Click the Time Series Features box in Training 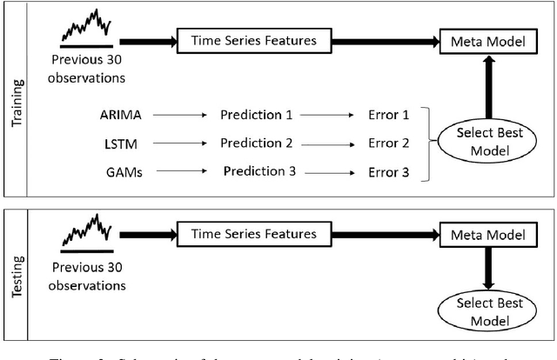coord(246,41)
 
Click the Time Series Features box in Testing coord(246,234)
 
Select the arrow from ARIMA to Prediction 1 coord(177,115)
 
